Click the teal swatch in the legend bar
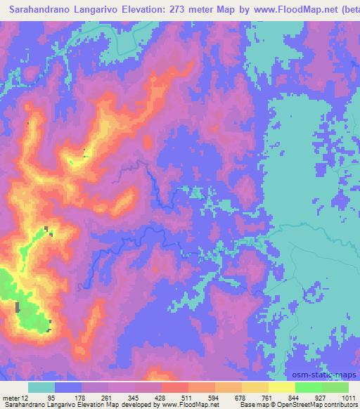[41, 387]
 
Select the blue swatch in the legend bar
[68, 387]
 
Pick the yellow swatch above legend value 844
[283, 387]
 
